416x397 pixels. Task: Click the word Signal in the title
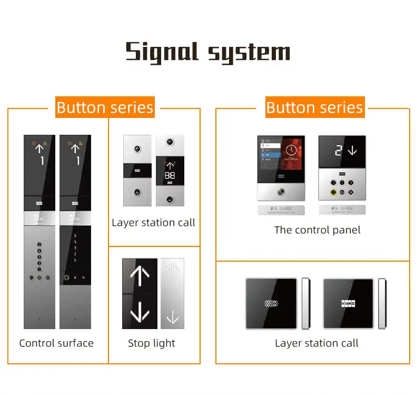(x=162, y=53)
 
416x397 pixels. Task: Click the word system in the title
(x=249, y=53)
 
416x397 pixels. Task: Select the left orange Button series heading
(x=105, y=107)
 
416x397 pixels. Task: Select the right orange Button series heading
(x=314, y=107)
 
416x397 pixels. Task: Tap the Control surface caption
(x=56, y=343)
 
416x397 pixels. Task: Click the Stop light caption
(x=152, y=343)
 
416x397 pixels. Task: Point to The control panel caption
(x=318, y=230)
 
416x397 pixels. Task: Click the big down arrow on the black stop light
(x=140, y=312)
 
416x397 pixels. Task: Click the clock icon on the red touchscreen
(x=291, y=150)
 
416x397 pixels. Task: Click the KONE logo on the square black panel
(x=348, y=304)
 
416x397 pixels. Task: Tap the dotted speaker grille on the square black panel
(x=271, y=304)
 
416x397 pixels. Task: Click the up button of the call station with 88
(x=169, y=142)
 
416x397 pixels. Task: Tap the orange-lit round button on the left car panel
(x=33, y=276)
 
